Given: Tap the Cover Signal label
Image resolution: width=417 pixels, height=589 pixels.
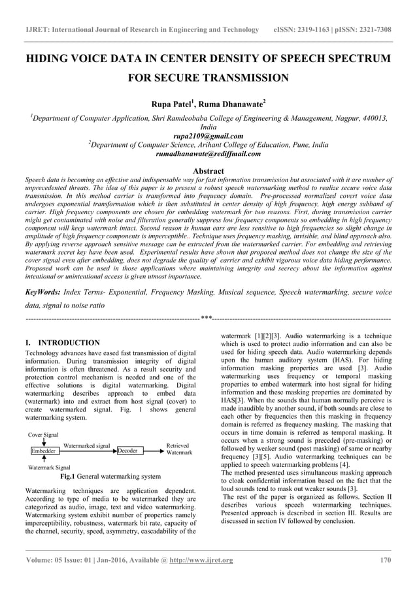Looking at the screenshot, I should pos(42,434).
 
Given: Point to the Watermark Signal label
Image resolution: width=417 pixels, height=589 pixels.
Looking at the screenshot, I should pos(48,468).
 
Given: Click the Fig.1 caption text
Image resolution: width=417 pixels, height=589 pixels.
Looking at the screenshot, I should pos(110,477).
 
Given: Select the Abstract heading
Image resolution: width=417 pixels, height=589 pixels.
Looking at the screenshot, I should pos(208,170).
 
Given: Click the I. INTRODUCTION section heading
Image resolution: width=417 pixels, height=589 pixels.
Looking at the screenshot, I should pos(62,342).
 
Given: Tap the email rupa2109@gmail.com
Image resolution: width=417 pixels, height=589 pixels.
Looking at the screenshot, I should pos(208,136).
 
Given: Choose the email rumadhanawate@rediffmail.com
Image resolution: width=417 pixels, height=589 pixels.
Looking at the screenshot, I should pos(208,154).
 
